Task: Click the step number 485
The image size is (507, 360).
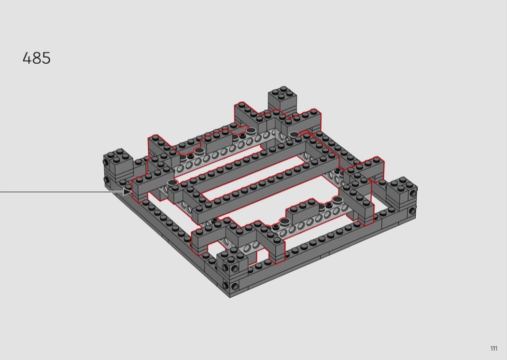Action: coord(37,58)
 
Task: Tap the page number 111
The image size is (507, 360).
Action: coord(494,348)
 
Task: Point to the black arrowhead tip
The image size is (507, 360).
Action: coord(132,192)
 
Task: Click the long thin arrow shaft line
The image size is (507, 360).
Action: coord(61,192)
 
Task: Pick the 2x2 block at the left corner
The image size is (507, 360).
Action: coord(118,165)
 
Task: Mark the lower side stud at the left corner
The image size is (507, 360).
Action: coord(106,179)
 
